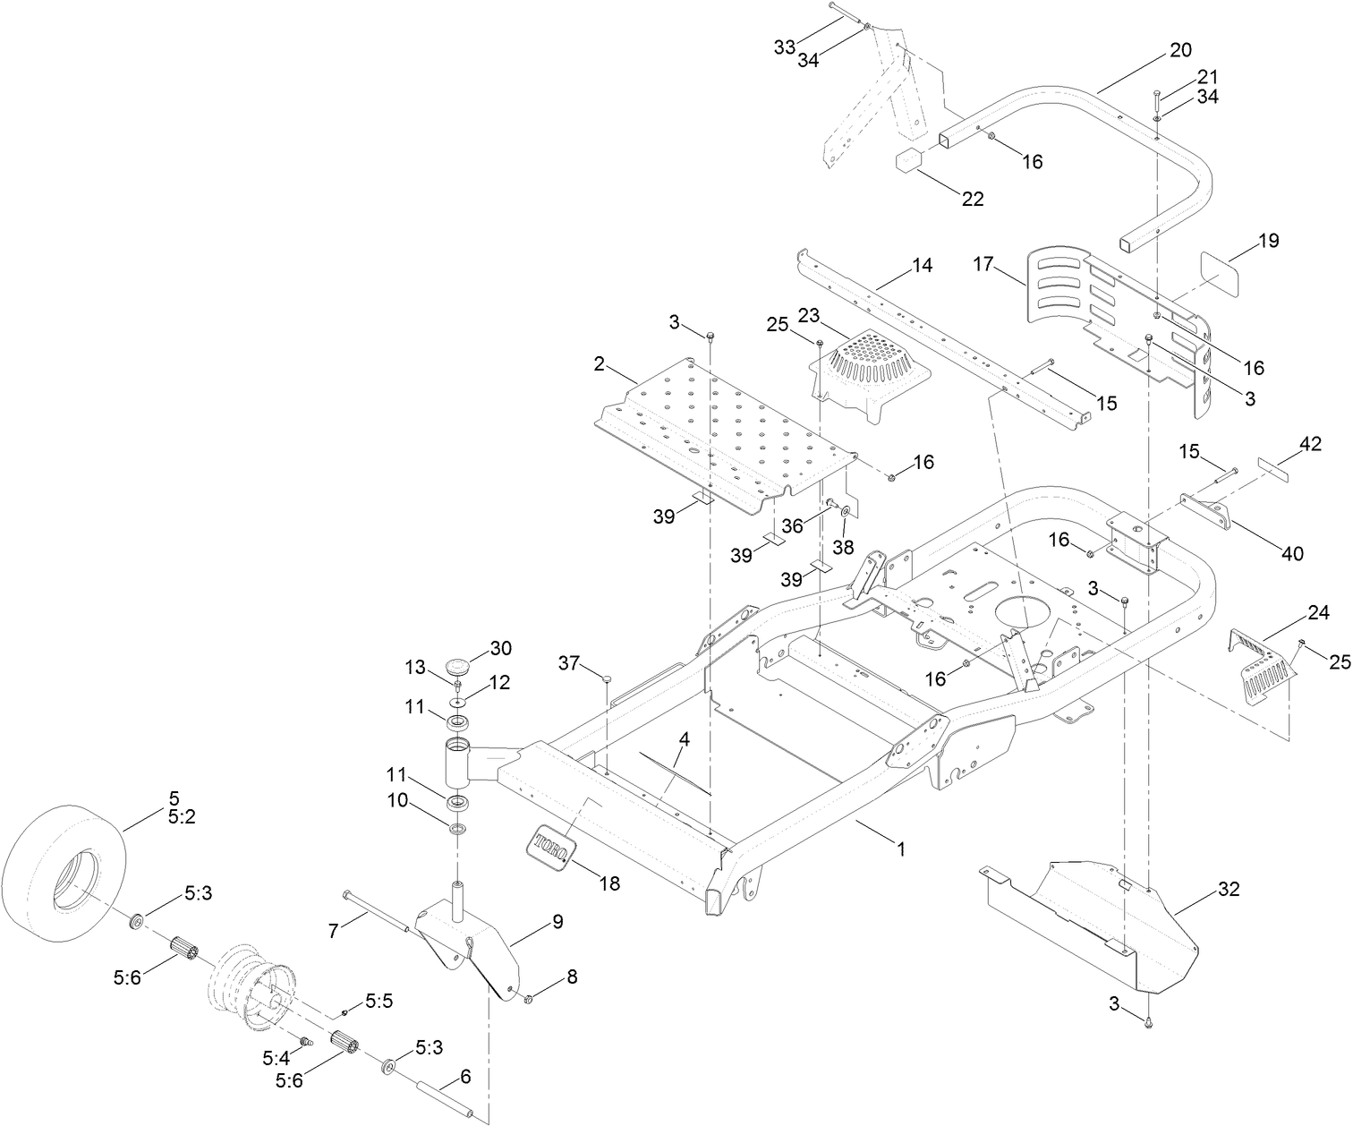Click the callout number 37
pyautogui.click(x=569, y=662)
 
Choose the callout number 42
pyautogui.click(x=1310, y=443)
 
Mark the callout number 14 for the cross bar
pyautogui.click(x=922, y=265)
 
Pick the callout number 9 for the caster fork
pyautogui.click(x=557, y=921)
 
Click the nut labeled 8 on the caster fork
pyautogui.click(x=529, y=998)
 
